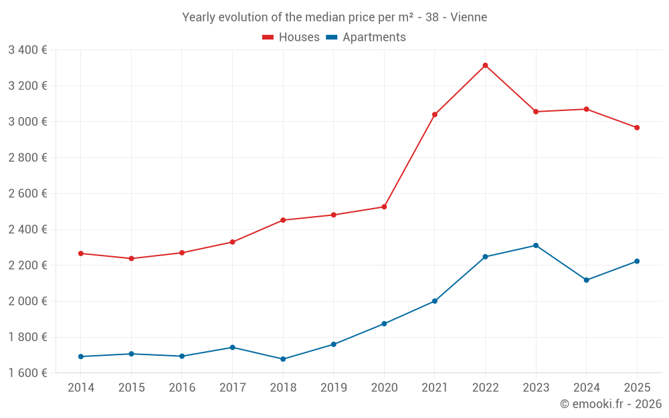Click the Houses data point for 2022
coord(485,66)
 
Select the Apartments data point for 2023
coord(536,245)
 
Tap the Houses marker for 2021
coord(435,114)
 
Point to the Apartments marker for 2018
coord(283,359)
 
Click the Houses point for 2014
coord(81,253)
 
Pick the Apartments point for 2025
coord(637,262)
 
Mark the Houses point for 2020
coord(384,207)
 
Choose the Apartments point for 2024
coord(586,280)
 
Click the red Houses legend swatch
coord(268,37)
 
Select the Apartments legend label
coord(374,37)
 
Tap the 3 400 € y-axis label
coord(27,49)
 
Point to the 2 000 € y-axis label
coord(27,301)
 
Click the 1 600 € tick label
coord(27,373)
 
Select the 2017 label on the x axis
coord(232,388)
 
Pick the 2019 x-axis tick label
coord(333,388)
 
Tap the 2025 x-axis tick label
coord(637,388)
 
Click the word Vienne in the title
coord(468,17)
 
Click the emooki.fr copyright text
coord(610,404)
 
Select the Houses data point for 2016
coord(182,253)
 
